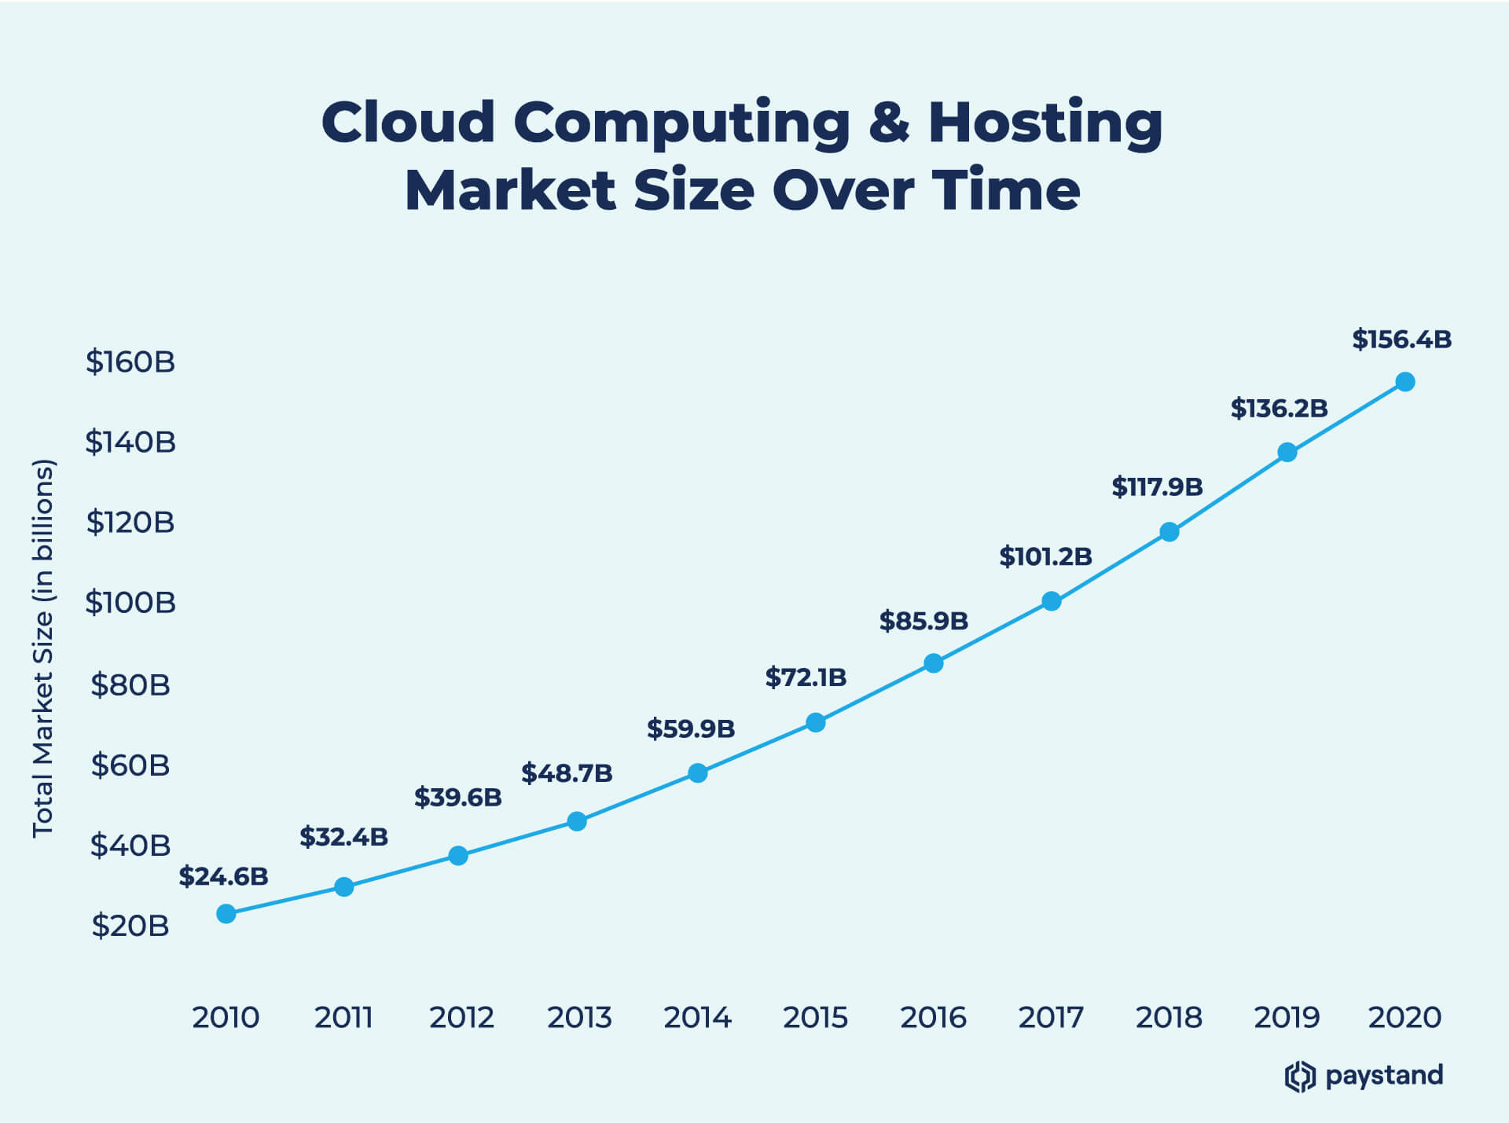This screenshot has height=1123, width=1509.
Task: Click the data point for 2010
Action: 226,913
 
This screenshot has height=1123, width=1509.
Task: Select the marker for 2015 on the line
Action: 816,722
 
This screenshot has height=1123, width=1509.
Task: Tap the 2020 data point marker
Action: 1405,382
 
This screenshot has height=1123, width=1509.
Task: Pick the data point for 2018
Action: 1169,532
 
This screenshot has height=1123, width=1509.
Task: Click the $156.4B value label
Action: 1401,339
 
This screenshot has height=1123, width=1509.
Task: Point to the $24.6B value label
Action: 223,876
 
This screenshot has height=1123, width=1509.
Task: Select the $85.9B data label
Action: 923,621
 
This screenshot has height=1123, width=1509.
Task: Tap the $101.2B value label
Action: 1045,556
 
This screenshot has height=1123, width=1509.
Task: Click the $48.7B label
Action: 567,773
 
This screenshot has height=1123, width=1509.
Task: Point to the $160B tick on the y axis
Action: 130,361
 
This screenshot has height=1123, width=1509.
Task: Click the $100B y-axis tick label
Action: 130,603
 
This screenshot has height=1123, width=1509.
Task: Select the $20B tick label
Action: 130,926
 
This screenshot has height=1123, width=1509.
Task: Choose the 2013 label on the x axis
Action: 579,1018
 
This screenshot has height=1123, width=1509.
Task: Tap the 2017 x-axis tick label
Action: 1051,1018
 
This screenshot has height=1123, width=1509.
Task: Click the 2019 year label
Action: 1287,1018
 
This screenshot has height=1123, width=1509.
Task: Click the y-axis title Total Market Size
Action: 42,648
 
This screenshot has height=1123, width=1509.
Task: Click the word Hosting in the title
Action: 1045,124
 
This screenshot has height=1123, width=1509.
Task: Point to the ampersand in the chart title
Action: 889,123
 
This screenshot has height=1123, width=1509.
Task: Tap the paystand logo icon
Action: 1300,1076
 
